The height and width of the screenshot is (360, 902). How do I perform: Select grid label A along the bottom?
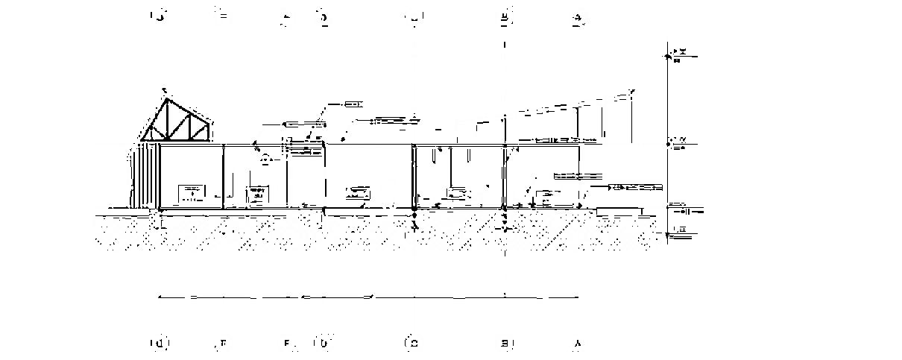577,344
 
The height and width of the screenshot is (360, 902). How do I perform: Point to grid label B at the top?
505,16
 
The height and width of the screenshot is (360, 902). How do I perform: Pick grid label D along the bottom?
324,343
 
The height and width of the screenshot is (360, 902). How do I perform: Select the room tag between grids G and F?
192,193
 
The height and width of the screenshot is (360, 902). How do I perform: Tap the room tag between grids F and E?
256,195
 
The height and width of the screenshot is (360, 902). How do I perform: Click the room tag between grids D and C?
357,193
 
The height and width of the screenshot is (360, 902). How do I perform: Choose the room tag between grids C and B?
457,194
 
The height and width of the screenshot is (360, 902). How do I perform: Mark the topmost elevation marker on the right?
677,53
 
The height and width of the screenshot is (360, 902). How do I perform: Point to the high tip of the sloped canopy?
632,91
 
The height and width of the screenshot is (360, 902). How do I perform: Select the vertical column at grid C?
414,177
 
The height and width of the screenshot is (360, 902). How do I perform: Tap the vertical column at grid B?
505,177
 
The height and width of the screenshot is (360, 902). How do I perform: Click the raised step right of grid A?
619,209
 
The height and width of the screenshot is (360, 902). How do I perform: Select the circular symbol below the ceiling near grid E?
265,158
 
